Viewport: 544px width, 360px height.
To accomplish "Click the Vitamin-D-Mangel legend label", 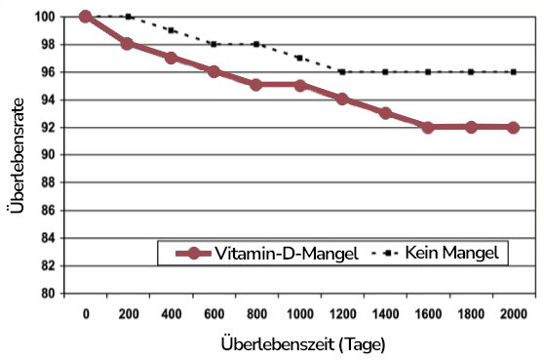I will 282,253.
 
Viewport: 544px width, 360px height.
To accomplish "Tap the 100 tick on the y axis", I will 44,17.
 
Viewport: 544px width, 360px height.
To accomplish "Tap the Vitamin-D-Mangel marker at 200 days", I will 128,44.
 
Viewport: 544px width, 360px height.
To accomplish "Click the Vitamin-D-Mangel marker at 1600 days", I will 427,127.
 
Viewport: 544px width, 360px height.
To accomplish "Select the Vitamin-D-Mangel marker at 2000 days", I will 513,127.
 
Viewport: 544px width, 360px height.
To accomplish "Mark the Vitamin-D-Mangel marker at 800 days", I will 255,85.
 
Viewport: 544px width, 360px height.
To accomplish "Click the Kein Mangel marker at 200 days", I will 128,17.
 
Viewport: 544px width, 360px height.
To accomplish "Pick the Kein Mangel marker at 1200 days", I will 341,71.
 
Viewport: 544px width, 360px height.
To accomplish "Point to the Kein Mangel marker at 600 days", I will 214,44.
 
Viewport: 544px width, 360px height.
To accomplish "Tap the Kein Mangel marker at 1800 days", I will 470,71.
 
